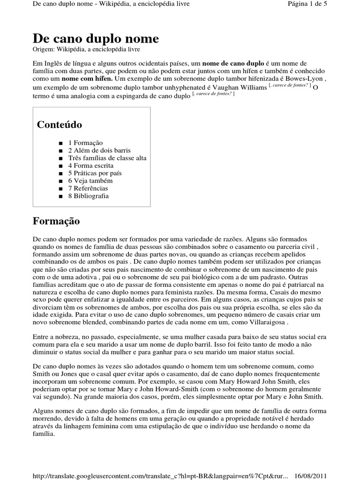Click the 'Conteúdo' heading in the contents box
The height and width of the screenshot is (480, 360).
(x=59, y=125)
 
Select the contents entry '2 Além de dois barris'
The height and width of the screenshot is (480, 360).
(x=99, y=150)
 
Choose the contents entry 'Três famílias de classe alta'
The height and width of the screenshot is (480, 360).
(x=107, y=158)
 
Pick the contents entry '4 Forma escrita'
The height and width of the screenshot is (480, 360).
(x=90, y=165)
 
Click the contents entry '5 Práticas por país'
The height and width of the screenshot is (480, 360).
(x=95, y=173)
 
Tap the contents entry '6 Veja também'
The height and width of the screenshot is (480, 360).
(x=90, y=180)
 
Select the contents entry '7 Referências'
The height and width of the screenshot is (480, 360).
(x=88, y=188)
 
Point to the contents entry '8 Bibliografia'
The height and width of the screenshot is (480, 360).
(x=88, y=195)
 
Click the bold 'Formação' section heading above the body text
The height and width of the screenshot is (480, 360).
(x=56, y=221)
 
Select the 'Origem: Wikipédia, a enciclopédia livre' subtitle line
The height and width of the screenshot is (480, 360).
(x=86, y=49)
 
